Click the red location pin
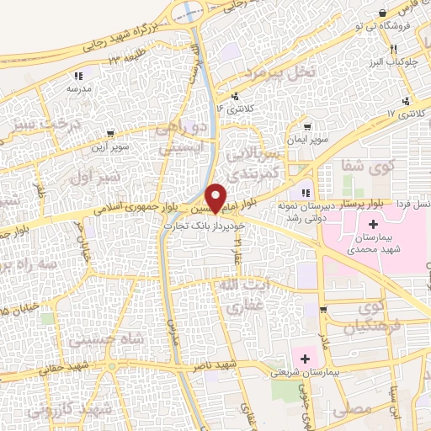[x=215, y=197]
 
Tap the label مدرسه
[x=78, y=88]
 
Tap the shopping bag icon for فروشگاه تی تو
[x=383, y=13]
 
